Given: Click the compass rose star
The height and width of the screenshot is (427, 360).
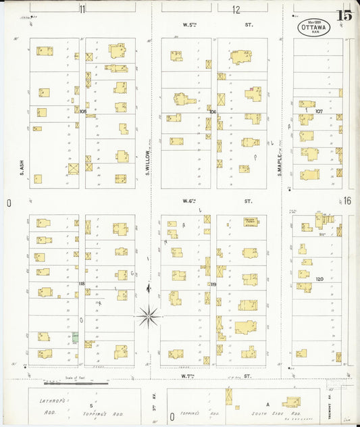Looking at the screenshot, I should click(148, 315).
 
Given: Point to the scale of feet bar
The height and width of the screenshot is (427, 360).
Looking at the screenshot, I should click(76, 383).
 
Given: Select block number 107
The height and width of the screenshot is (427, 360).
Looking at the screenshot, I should click(319, 111).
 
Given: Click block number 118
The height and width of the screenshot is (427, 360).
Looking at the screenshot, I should click(82, 284).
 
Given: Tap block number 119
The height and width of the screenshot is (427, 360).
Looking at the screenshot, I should click(213, 284).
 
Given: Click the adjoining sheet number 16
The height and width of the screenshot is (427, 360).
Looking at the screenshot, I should click(347, 201).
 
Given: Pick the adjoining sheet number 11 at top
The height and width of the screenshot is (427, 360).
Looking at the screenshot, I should click(82, 9).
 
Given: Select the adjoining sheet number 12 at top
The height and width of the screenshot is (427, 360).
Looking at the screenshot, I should click(236, 9).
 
